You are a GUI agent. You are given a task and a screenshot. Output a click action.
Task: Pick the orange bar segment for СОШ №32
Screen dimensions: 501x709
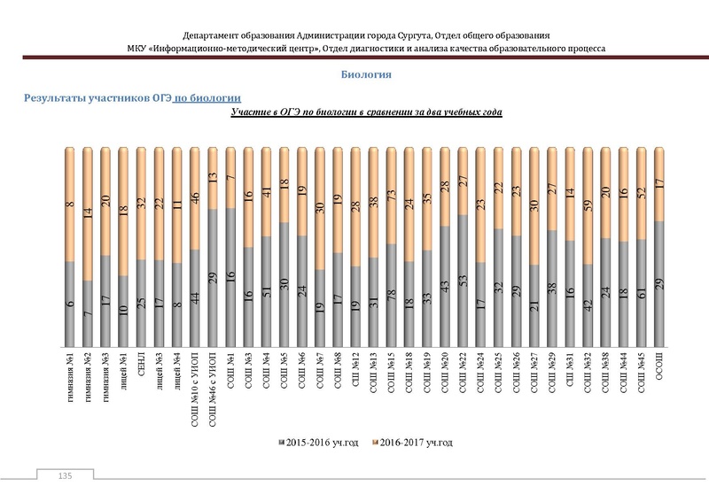[588, 204]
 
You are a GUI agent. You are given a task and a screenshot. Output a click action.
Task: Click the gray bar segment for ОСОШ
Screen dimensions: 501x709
[658, 283]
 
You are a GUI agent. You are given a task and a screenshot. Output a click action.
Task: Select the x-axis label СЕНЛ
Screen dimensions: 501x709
[141, 366]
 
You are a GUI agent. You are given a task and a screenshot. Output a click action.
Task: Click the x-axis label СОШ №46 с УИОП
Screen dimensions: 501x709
[213, 382]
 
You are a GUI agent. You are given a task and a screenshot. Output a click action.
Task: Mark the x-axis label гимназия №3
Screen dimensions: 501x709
[105, 375]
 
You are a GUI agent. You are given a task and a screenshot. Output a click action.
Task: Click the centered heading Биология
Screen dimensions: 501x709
[366, 75]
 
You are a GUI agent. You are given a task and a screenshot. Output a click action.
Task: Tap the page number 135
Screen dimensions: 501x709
[64, 477]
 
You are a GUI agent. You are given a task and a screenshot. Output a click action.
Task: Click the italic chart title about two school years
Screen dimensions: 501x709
[366, 113]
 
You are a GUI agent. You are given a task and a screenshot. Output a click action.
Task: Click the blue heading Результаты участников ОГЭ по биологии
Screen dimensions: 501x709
[133, 97]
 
